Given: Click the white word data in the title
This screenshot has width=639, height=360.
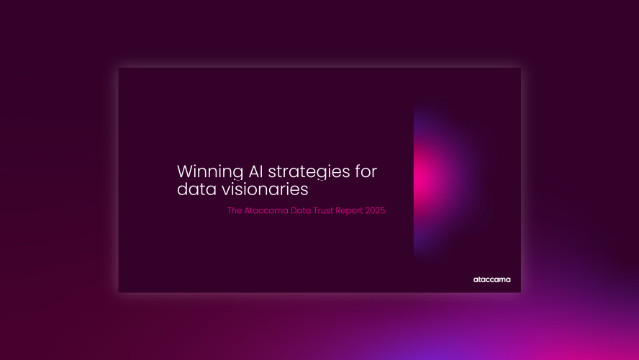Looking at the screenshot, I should (194, 190).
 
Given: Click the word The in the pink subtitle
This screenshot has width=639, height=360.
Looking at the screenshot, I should (234, 212).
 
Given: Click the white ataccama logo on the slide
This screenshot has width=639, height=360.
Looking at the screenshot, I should (491, 279).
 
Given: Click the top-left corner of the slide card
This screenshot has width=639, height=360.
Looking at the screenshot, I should (119, 68).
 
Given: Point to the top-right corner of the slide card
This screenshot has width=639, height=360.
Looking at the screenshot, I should (520, 68).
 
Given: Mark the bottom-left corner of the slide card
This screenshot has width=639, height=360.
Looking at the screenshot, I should (119, 292).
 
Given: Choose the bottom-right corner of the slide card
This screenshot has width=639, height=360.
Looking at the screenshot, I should (520, 292).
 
